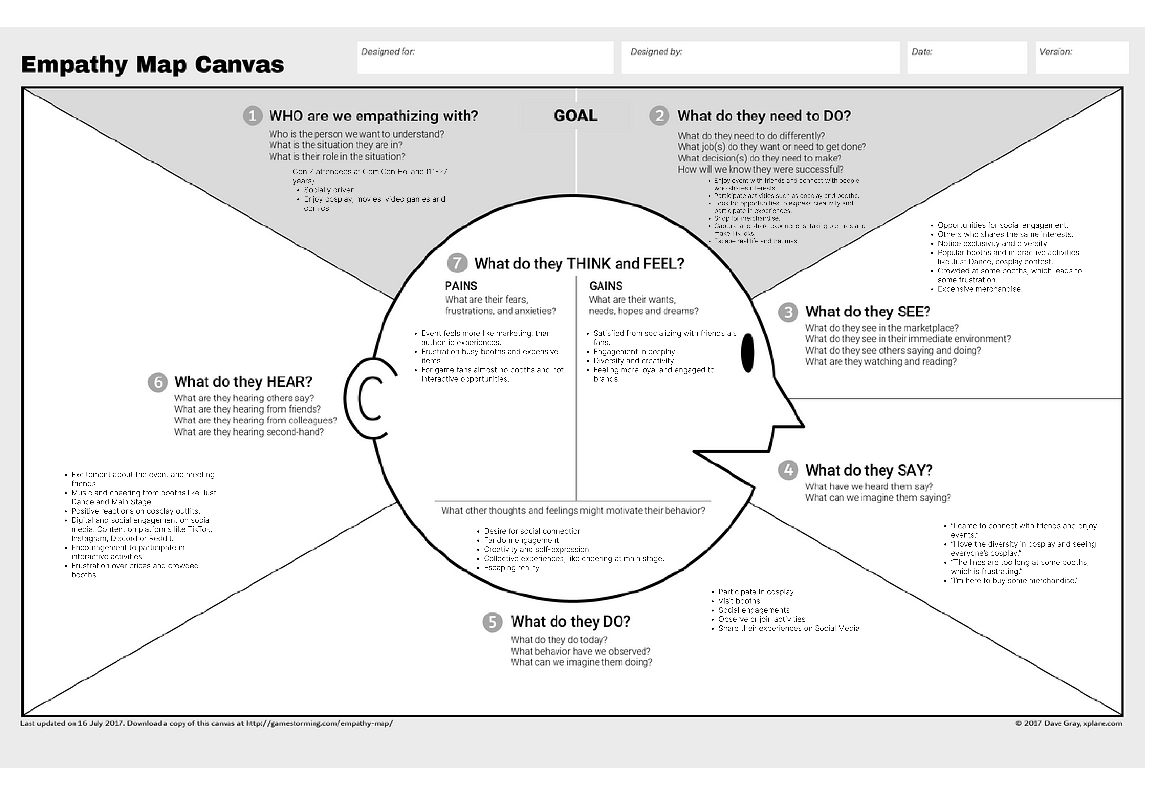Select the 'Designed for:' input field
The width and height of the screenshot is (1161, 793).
pyautogui.click(x=485, y=57)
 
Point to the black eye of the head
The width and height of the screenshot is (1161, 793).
pyautogui.click(x=747, y=352)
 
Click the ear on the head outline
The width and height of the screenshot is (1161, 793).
pyautogui.click(x=367, y=398)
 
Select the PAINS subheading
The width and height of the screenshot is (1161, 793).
pyautogui.click(x=461, y=286)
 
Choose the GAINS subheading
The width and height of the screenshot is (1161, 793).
pyautogui.click(x=605, y=286)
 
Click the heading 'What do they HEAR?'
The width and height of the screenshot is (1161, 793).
pyautogui.click(x=243, y=382)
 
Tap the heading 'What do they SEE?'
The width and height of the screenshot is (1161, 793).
pyautogui.click(x=868, y=312)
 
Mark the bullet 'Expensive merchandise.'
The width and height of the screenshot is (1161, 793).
pyautogui.click(x=980, y=289)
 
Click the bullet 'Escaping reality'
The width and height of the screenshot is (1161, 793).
pyautogui.click(x=511, y=568)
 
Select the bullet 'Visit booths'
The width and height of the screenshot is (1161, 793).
pyautogui.click(x=739, y=601)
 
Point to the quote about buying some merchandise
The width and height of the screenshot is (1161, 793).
pyautogui.click(x=1014, y=581)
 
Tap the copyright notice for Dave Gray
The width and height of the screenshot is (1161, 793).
pyautogui.click(x=1068, y=724)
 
